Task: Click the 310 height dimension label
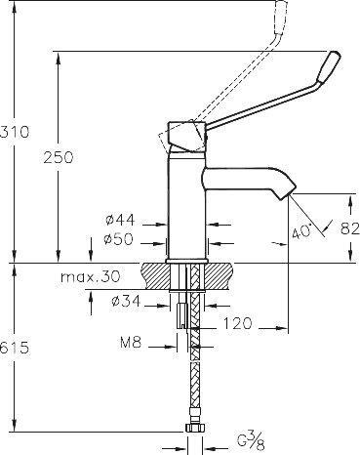coord(15,132)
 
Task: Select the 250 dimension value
coord(59,157)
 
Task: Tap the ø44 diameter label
coord(120,221)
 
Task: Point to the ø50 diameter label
coord(119,239)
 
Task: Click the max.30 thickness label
coord(91,277)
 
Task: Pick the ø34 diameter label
coord(126,302)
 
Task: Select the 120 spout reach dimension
coord(238,323)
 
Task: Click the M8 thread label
coord(131,343)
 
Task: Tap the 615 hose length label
coord(15,349)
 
